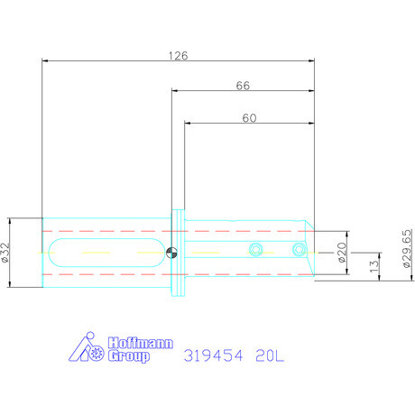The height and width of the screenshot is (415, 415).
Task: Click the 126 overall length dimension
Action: click(x=178, y=56)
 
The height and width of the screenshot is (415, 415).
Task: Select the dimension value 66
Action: click(x=243, y=86)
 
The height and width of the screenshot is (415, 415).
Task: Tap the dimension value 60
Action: click(x=250, y=118)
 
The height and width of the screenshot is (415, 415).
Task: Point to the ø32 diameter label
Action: click(x=5, y=253)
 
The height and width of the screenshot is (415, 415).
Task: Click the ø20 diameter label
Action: click(x=342, y=253)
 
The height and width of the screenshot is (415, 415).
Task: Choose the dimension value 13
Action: click(x=373, y=266)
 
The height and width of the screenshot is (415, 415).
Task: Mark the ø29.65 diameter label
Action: click(x=407, y=248)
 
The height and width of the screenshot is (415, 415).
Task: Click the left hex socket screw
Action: click(x=256, y=249)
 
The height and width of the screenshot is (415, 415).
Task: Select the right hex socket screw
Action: click(x=299, y=249)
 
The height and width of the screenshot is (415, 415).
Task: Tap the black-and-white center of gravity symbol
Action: click(x=171, y=253)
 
